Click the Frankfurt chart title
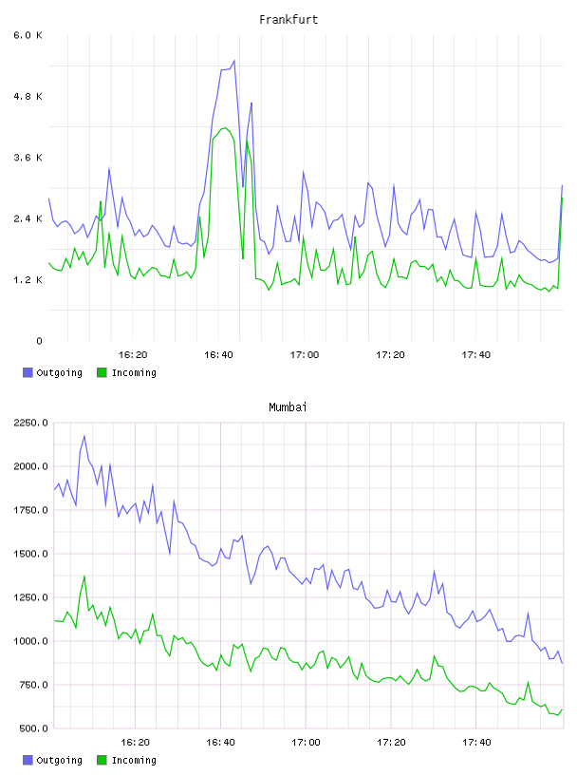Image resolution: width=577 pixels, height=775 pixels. coord(288,20)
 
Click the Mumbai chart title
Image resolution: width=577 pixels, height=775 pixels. coord(288,407)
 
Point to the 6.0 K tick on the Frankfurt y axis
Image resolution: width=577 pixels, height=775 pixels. coord(28,35)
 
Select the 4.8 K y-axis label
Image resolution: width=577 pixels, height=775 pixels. coord(28,96)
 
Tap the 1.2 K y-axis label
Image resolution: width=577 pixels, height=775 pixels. coord(28,280)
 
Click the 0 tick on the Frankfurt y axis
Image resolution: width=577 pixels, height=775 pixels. coord(39,341)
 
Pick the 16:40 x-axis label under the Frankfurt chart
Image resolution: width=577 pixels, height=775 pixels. coord(218,355)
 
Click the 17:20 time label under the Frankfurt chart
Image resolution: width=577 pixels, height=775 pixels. coord(390,355)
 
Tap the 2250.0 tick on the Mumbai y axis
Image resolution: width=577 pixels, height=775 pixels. coord(31,423)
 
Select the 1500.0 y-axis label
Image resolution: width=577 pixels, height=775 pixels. coord(31,554)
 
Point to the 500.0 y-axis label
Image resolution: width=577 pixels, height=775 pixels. coord(34,728)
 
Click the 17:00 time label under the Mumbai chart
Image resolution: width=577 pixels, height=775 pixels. coord(306,743)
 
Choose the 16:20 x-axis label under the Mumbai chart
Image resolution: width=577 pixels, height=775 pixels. coord(135,743)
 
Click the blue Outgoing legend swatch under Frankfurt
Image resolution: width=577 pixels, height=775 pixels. coord(28,372)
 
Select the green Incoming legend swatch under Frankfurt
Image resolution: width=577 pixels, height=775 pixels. coord(102,372)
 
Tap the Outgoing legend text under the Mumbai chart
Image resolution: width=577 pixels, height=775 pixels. coord(59,760)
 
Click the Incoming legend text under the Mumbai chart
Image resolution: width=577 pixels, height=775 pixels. coord(134,760)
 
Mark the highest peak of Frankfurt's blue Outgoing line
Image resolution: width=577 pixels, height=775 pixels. coord(234,61)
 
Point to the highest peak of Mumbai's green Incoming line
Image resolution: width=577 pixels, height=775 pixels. coord(84,577)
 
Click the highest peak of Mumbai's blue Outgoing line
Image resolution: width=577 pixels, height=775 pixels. coord(84,436)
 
